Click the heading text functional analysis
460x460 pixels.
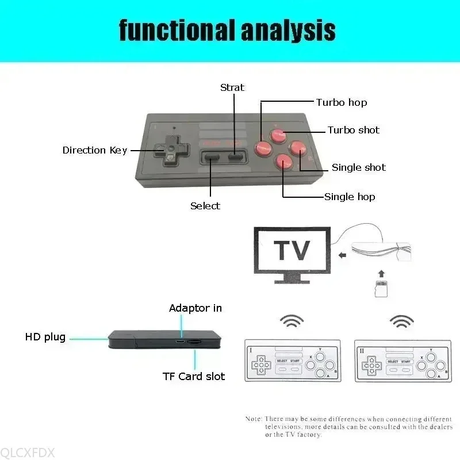tap(227, 30)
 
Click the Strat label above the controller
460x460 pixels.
tap(232, 87)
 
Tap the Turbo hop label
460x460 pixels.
tap(341, 102)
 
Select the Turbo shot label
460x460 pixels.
tap(353, 130)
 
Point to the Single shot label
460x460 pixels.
tap(358, 167)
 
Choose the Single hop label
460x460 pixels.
tap(349, 197)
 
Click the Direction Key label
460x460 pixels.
tap(94, 150)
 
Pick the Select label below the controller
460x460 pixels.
tap(205, 205)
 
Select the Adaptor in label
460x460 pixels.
tap(195, 308)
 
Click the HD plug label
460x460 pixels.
tap(45, 337)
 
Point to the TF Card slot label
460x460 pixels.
tap(194, 377)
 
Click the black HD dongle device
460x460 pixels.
tap(164, 340)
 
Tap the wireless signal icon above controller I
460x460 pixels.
tap(292, 321)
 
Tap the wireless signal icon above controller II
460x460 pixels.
tap(401, 321)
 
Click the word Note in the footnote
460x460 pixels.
tap(253, 419)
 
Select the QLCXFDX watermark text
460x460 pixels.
tap(28, 453)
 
